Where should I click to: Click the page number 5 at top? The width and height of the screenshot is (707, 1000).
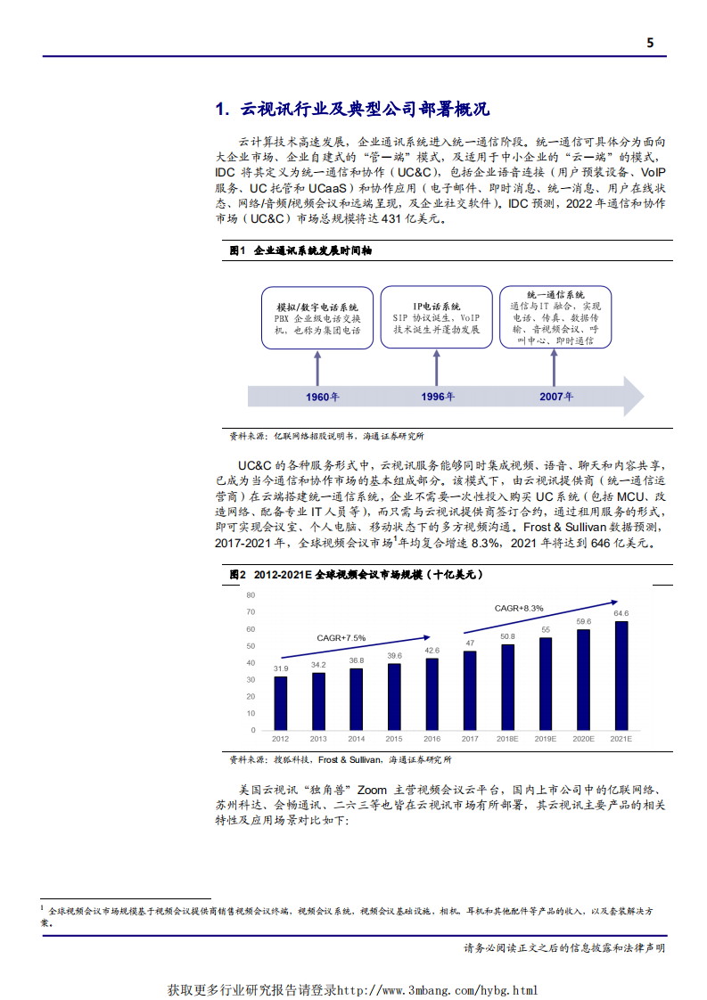tap(650, 42)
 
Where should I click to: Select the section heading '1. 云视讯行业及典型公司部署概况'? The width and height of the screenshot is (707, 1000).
tap(352, 110)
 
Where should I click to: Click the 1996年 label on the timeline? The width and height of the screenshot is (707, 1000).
tap(437, 396)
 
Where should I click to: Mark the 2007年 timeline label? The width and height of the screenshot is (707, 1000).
tap(556, 396)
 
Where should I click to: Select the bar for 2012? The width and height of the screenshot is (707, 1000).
tap(281, 703)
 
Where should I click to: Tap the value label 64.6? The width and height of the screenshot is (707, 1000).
tap(621, 613)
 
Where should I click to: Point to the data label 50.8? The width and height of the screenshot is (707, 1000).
tap(507, 636)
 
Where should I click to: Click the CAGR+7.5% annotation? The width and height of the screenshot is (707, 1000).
tap(341, 638)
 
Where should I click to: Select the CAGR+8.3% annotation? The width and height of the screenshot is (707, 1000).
tap(519, 608)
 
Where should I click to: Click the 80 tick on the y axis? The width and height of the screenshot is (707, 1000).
tap(251, 594)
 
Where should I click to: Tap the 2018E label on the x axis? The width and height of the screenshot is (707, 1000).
tap(507, 739)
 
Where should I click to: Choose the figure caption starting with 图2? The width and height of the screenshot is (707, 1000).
tap(356, 576)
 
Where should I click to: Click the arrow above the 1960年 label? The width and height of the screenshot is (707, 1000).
tap(317, 367)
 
